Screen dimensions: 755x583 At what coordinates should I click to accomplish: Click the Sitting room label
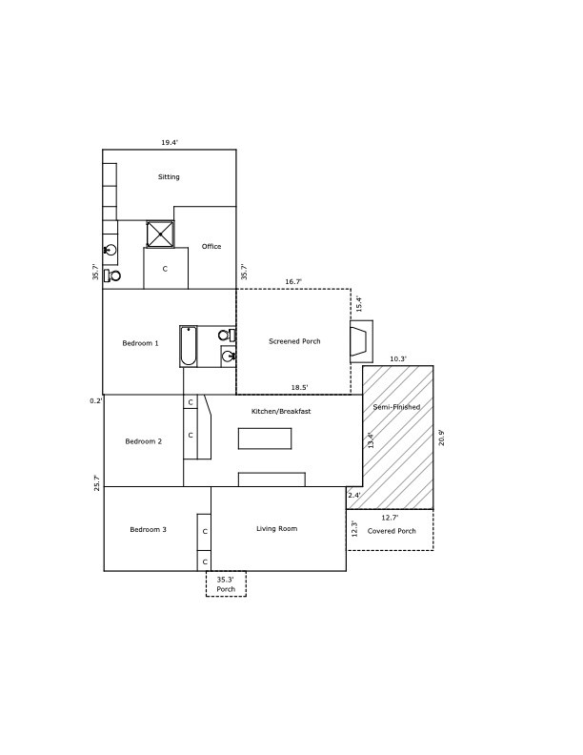[169, 177]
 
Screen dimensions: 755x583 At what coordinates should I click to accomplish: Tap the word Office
[211, 247]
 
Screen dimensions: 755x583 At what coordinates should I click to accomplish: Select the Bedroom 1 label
[140, 343]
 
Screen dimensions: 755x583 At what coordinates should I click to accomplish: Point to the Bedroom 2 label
[144, 441]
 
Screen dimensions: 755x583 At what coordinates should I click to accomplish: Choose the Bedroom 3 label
[149, 530]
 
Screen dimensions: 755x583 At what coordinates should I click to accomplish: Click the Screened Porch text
[294, 341]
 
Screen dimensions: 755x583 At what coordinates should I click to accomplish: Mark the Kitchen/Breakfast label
[281, 412]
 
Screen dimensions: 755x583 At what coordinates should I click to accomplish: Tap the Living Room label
[277, 529]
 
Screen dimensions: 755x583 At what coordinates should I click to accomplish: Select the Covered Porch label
[392, 531]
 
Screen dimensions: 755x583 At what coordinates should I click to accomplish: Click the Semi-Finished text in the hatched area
[396, 407]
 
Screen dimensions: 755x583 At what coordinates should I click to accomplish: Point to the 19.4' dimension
[170, 143]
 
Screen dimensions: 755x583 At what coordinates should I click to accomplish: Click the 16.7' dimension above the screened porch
[293, 282]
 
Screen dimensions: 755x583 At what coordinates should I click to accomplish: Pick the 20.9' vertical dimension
[441, 438]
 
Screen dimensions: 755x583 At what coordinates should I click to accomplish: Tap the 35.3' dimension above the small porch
[226, 579]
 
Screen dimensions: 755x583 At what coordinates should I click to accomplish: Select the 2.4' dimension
[353, 496]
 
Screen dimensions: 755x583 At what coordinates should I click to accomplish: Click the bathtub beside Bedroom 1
[189, 347]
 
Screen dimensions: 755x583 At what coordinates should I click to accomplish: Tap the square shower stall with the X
[160, 234]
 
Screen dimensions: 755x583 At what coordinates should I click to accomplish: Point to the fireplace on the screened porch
[361, 341]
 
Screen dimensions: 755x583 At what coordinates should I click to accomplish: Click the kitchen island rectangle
[265, 439]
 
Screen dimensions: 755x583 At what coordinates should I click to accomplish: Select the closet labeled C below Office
[165, 269]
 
